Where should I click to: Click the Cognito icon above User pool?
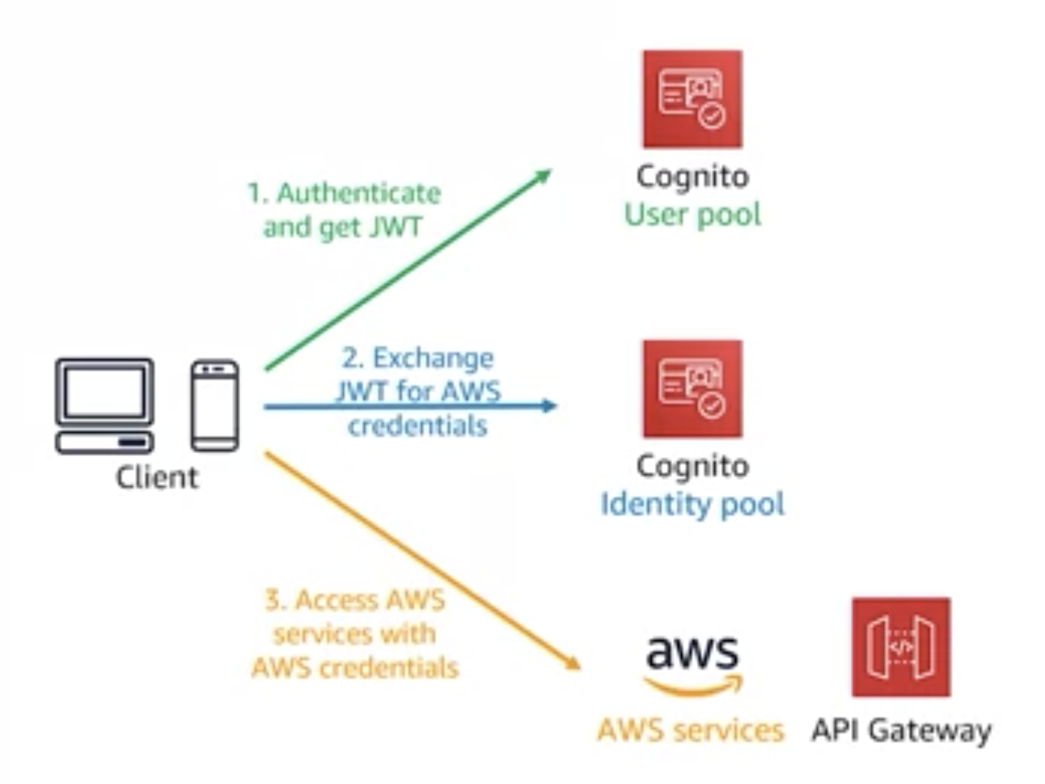click(x=692, y=99)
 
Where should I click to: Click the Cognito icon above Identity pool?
click(x=692, y=388)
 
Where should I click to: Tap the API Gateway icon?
click(x=900, y=646)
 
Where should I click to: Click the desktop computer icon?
click(x=104, y=405)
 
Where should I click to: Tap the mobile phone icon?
click(x=214, y=405)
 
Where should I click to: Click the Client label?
click(x=156, y=477)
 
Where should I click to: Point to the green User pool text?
click(x=692, y=214)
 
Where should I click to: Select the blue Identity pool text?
click(x=692, y=504)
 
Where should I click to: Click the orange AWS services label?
click(x=690, y=730)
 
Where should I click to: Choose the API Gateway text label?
click(x=901, y=730)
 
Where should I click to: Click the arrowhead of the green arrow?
click(x=544, y=175)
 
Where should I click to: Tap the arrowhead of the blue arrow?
click(x=549, y=405)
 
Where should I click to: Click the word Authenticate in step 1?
click(x=358, y=193)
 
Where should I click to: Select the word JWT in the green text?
click(x=396, y=227)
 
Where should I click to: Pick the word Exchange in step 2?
click(x=433, y=358)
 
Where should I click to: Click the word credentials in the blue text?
click(x=417, y=426)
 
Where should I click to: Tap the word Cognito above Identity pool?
click(x=692, y=466)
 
